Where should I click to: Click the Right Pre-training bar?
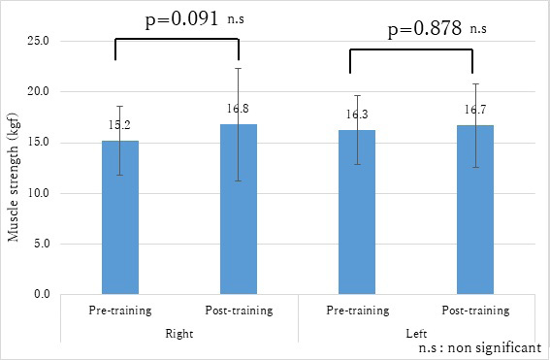point(119,217)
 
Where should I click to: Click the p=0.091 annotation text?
point(158,18)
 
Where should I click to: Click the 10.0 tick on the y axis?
point(41,193)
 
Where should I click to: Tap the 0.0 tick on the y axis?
point(44,294)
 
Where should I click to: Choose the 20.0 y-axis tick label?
point(41,92)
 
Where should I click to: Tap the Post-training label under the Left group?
point(475,311)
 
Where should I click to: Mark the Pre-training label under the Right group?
point(119,311)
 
